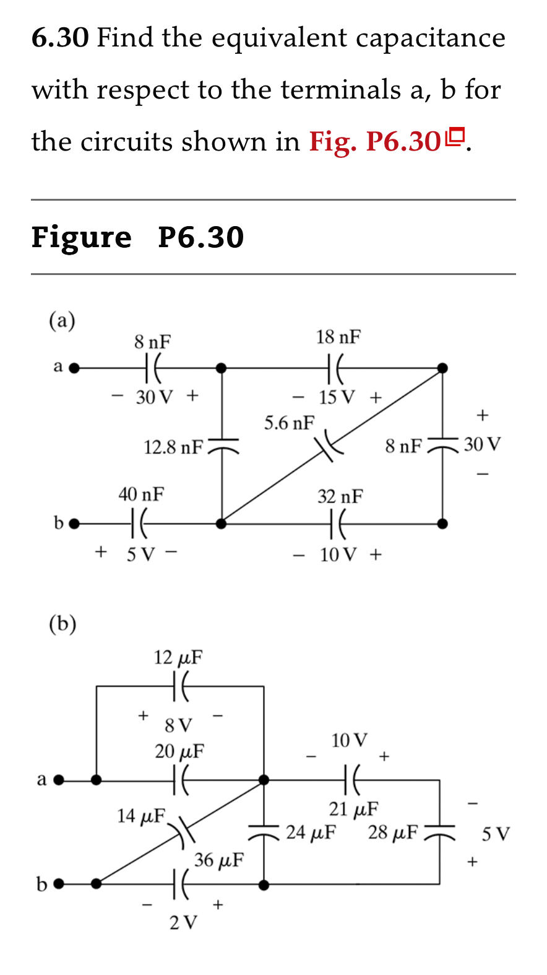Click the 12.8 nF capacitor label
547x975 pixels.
point(173,447)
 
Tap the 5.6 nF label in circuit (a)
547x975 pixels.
point(289,423)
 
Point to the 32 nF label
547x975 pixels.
point(340,496)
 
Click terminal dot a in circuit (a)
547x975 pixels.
point(74,368)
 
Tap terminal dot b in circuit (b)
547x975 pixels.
point(59,884)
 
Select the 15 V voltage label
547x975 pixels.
point(337,397)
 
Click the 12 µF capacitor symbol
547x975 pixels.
point(180,686)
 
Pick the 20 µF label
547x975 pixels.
point(179,751)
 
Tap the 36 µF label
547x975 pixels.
point(218,860)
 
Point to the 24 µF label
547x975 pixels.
point(311,832)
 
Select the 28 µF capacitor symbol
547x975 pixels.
point(439,832)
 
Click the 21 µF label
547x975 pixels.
point(353,808)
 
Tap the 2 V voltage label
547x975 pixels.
point(183,922)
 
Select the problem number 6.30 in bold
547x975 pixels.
point(60,38)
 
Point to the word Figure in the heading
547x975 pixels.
point(81,237)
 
